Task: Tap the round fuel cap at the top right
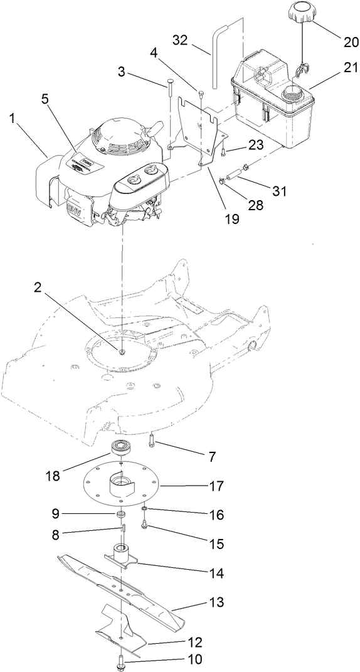pos(304,13)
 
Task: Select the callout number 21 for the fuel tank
pos(343,73)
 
